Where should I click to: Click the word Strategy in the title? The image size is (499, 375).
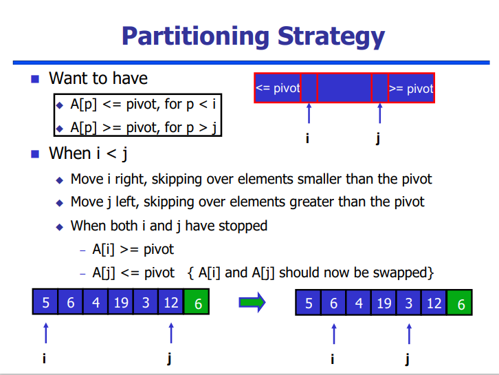click(331, 36)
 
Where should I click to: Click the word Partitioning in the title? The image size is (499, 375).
click(196, 36)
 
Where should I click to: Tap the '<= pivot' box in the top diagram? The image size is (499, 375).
click(278, 88)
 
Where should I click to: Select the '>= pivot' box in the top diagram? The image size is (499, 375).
click(411, 88)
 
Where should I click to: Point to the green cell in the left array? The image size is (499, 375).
click(197, 302)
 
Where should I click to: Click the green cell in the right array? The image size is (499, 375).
click(460, 303)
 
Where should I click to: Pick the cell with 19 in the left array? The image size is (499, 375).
click(121, 302)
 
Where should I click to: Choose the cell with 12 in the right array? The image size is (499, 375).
click(434, 303)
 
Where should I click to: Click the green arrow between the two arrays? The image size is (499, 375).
click(252, 302)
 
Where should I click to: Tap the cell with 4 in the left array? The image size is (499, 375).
click(96, 302)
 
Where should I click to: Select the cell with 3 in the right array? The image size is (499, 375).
click(409, 303)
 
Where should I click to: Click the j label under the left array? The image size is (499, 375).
click(170, 358)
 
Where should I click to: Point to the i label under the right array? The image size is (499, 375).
click(333, 359)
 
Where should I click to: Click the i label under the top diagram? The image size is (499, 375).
click(307, 138)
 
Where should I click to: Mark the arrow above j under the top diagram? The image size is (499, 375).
click(379, 113)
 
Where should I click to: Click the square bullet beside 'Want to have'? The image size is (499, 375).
click(35, 79)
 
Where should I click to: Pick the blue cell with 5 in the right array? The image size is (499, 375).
click(309, 303)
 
